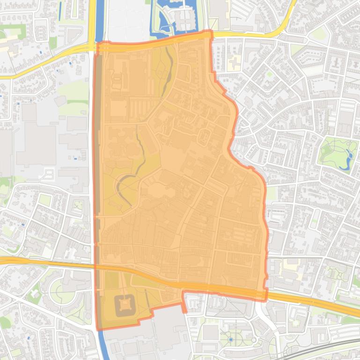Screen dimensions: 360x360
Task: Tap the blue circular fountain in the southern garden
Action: (230, 339)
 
